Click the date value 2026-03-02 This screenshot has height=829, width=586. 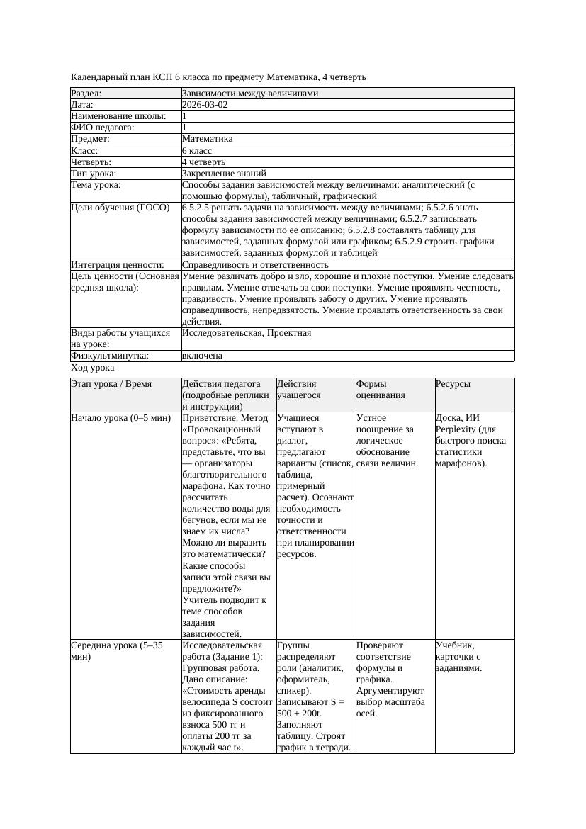click(x=205, y=105)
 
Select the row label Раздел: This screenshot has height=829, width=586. click(x=86, y=94)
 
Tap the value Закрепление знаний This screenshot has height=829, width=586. click(x=224, y=174)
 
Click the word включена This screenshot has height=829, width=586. click(x=202, y=356)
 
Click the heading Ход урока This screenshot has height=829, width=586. click(x=93, y=368)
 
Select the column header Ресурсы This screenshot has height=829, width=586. click(x=453, y=384)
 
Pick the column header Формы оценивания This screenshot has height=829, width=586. click(x=381, y=390)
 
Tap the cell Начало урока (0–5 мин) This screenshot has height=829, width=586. click(x=121, y=418)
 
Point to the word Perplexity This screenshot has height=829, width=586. click(x=456, y=429)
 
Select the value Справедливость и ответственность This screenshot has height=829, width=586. click(x=255, y=265)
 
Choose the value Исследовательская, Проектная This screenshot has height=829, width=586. click(x=247, y=333)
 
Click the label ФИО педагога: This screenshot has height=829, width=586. click(x=103, y=128)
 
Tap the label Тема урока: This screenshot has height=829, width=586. click(x=96, y=185)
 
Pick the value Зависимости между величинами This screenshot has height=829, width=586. click(x=250, y=94)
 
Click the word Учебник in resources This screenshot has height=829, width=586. click(x=453, y=645)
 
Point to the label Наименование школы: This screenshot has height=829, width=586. click(x=119, y=116)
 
